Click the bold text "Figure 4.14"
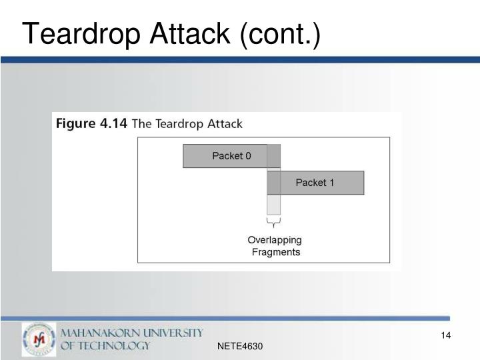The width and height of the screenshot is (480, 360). pyautogui.click(x=92, y=124)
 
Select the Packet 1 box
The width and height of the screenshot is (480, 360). pyautogui.click(x=315, y=183)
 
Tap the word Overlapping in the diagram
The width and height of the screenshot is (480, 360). pyautogui.click(x=275, y=240)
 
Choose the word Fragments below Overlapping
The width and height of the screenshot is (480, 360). pyautogui.click(x=275, y=252)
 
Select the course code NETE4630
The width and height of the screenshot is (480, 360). pyautogui.click(x=240, y=347)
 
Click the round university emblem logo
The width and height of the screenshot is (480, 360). pyautogui.click(x=39, y=339)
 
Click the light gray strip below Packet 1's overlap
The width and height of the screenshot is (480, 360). pyautogui.click(x=273, y=204)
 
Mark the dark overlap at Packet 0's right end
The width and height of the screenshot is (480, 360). pyautogui.click(x=273, y=156)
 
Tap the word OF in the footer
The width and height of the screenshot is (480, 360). pyautogui.click(x=69, y=346)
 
